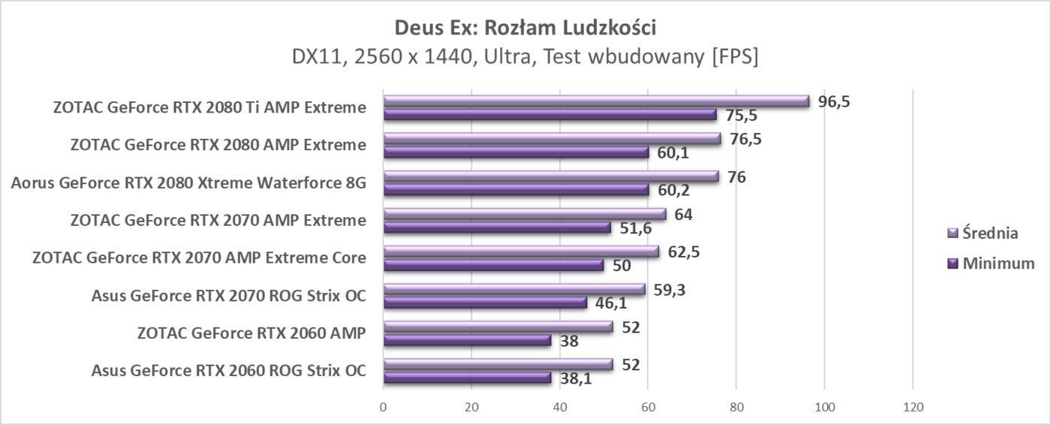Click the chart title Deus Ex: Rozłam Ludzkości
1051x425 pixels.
pos(525,28)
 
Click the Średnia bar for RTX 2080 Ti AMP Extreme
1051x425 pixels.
pos(596,101)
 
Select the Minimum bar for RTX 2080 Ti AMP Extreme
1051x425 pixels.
pos(550,115)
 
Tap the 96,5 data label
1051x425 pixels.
pos(834,101)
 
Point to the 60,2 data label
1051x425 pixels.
pos(673,190)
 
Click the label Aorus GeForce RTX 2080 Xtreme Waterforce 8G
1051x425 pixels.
pos(189,182)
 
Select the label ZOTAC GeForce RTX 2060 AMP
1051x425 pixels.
pos(251,333)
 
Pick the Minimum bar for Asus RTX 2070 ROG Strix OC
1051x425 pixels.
pos(485,303)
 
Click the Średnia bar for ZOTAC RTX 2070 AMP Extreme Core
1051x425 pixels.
pos(521,252)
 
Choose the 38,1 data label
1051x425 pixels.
pos(576,378)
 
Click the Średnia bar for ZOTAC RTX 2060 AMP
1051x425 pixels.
pos(498,327)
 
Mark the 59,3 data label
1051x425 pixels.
pos(670,289)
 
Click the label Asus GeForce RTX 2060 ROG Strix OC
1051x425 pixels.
pos(229,370)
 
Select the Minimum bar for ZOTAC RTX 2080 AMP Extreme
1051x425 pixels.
pos(516,152)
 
